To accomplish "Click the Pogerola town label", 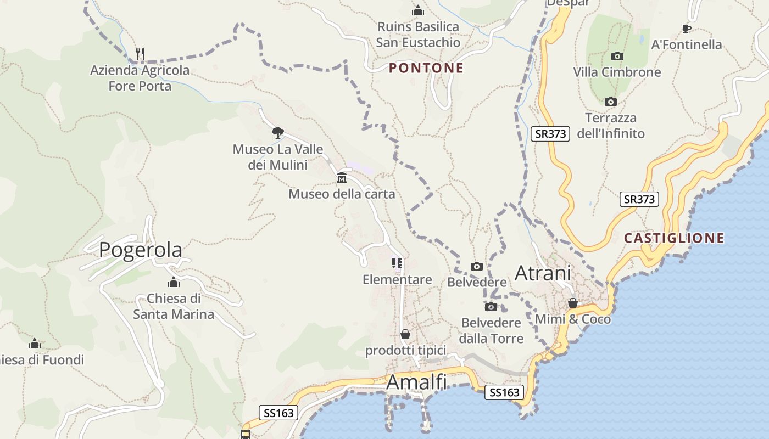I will [x=140, y=250].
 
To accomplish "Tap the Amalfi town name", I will [x=416, y=382].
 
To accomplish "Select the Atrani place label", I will [x=543, y=273].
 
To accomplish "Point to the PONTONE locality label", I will [x=426, y=68].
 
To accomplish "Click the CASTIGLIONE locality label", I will [x=674, y=238].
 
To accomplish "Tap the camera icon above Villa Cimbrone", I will [x=617, y=56].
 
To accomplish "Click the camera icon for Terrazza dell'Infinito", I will [x=610, y=102].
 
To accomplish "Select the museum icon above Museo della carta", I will [x=342, y=177].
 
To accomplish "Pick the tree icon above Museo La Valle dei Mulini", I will [x=278, y=132].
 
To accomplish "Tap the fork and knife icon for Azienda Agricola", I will [x=140, y=53].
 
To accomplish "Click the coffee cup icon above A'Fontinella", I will [x=686, y=29].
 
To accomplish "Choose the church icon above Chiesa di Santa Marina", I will [x=174, y=283].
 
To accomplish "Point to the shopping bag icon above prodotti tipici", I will [x=405, y=334].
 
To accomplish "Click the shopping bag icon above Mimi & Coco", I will [x=573, y=303].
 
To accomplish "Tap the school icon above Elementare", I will [x=397, y=263].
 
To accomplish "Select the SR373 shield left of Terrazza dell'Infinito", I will [x=550, y=133].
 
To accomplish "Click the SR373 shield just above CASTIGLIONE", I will [x=639, y=199].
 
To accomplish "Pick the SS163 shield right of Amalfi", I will [x=504, y=392].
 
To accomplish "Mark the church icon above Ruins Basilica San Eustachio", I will [x=418, y=10].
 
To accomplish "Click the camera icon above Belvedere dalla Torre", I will [x=491, y=307].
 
